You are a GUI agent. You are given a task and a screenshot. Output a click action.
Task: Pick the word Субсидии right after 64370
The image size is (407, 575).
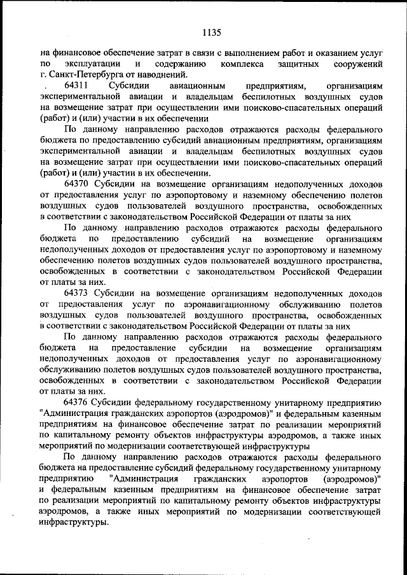click(x=118, y=184)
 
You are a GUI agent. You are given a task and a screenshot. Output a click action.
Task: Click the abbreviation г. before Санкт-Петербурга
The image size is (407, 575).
click(x=43, y=74)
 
